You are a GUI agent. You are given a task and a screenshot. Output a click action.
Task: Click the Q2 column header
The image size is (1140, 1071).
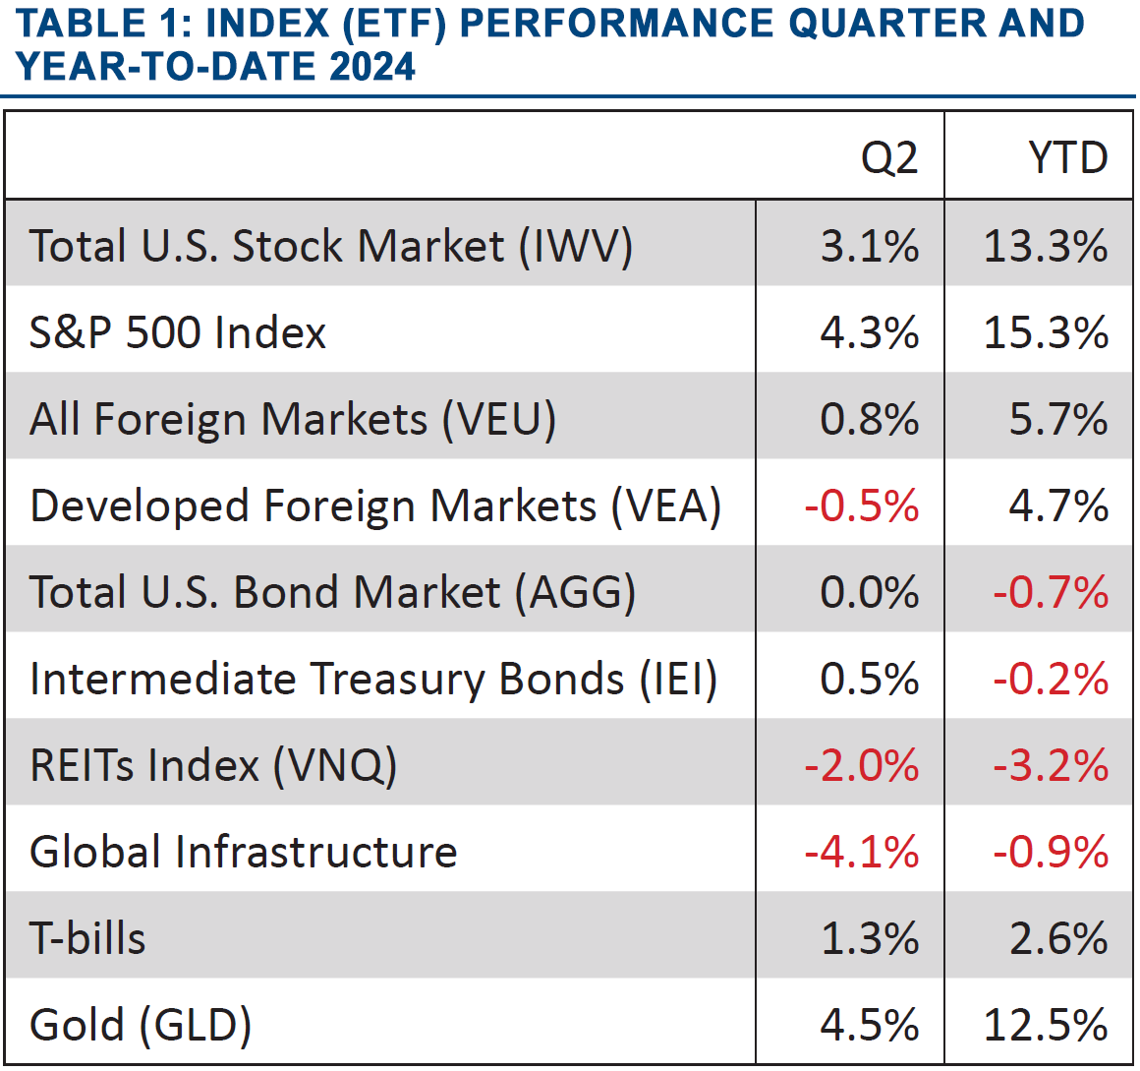click(x=889, y=158)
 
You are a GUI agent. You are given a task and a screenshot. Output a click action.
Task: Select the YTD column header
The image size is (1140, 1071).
click(x=1068, y=158)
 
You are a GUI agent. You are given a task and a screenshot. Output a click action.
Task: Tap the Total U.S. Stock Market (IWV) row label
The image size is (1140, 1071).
click(x=331, y=246)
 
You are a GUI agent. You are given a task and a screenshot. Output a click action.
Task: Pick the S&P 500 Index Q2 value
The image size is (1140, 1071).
click(x=870, y=332)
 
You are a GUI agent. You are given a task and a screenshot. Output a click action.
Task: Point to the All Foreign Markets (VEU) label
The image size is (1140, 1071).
click(x=293, y=419)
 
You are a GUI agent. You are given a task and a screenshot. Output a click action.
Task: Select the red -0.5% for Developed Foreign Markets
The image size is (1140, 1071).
click(x=862, y=506)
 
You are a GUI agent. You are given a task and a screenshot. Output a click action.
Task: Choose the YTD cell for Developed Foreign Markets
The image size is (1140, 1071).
click(x=1058, y=506)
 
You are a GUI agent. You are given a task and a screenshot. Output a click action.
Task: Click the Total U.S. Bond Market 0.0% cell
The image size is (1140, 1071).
click(x=870, y=592)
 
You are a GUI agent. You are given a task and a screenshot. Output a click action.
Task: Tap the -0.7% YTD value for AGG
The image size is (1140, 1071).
click(x=1051, y=592)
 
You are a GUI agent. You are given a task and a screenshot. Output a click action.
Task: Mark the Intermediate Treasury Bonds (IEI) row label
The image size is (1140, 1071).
click(x=373, y=679)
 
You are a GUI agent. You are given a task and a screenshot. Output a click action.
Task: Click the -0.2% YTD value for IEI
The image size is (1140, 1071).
click(x=1051, y=679)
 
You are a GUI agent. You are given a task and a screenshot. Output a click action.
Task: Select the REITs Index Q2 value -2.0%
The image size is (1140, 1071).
click(x=862, y=765)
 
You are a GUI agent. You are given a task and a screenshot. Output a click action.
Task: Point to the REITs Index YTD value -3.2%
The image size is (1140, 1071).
click(x=1051, y=765)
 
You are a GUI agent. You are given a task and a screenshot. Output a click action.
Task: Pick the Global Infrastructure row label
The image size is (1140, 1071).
click(x=244, y=852)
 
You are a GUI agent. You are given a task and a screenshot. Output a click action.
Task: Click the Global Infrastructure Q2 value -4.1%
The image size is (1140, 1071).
click(x=862, y=852)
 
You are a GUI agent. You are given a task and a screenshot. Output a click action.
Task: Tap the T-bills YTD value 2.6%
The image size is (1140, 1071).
click(x=1058, y=938)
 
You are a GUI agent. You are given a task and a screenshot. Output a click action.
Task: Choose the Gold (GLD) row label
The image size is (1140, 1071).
click(x=141, y=1025)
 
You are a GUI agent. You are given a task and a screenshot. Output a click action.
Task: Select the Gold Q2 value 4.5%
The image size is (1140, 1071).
click(x=870, y=1025)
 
